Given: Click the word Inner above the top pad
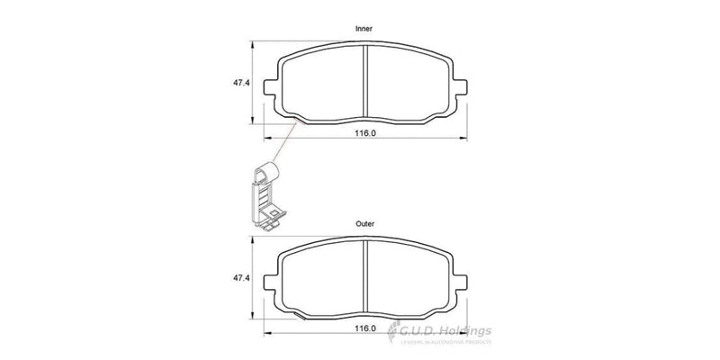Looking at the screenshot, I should pos(364,30).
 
